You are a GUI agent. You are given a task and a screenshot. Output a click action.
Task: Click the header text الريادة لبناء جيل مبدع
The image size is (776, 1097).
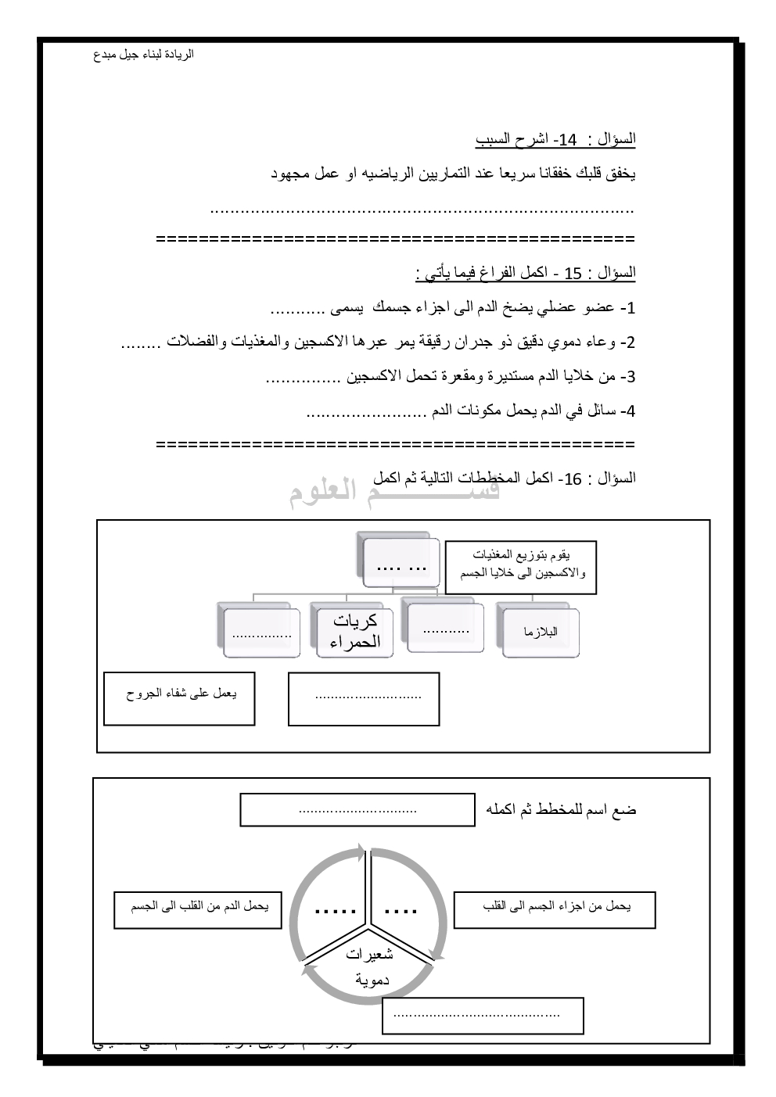point(143,55)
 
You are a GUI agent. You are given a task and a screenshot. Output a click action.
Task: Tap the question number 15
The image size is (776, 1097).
point(573,274)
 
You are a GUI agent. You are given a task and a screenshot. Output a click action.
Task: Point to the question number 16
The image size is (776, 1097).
point(573,479)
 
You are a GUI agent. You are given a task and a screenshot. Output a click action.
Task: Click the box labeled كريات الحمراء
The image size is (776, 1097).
point(355,631)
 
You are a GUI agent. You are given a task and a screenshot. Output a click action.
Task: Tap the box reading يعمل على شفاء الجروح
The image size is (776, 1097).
point(179,697)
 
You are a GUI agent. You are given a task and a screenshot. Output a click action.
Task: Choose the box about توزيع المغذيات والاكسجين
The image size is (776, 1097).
point(521,566)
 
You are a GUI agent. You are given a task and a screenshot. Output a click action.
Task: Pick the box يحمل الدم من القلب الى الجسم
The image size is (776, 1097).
point(198,910)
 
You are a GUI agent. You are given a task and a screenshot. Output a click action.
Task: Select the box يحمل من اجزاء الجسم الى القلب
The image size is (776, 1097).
point(554,910)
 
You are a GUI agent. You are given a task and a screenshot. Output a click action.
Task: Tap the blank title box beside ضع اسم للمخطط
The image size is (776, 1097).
point(357,810)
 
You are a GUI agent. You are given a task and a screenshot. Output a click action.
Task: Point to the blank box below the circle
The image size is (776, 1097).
point(482,1015)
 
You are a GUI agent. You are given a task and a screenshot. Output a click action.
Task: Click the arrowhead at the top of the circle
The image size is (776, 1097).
point(361,851)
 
